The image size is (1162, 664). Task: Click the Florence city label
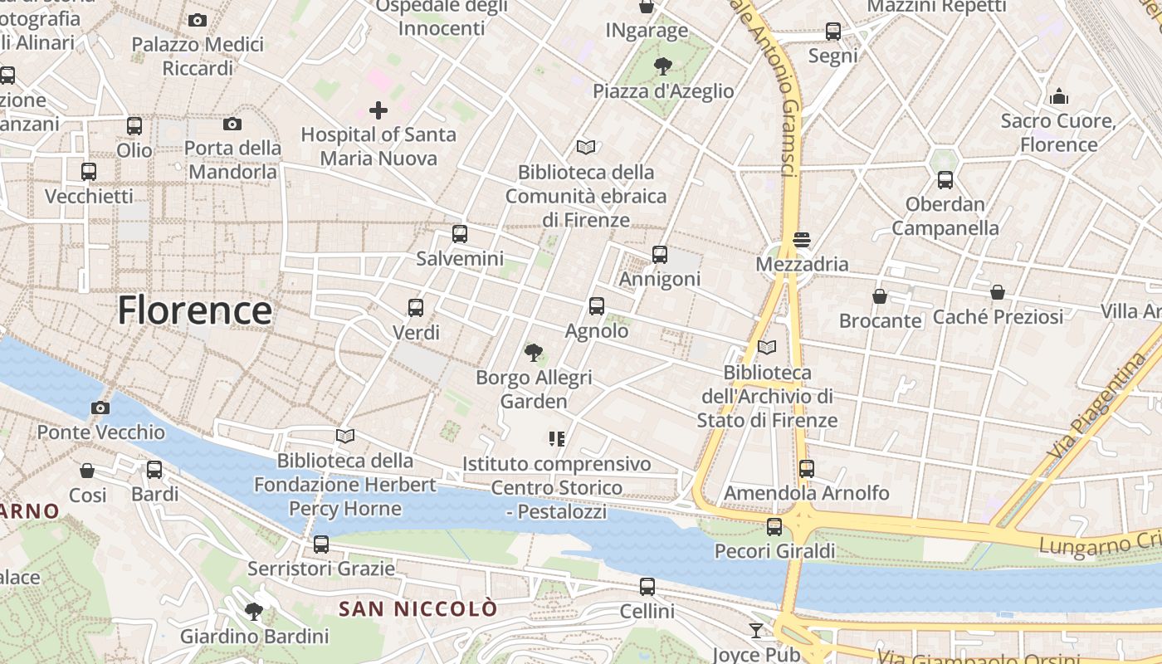point(194,310)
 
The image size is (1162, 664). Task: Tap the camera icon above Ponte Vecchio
point(100,408)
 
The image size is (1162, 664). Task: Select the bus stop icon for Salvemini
point(460,234)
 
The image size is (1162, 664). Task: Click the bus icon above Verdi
point(416,308)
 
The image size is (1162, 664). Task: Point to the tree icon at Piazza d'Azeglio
point(662,66)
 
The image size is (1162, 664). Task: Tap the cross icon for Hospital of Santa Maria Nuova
point(378,110)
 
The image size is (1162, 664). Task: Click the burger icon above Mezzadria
point(801,240)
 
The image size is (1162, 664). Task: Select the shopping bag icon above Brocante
point(880,296)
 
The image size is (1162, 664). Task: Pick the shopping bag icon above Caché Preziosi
point(998,292)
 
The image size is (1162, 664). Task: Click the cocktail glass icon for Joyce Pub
point(755,631)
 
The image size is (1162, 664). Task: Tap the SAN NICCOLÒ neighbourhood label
point(418,609)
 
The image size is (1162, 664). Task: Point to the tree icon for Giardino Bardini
point(254,613)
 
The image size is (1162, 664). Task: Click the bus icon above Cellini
point(647,587)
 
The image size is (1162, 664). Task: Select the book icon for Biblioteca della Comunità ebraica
point(586,148)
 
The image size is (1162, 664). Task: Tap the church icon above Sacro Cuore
point(1058,96)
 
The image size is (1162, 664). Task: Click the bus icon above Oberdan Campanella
point(945,179)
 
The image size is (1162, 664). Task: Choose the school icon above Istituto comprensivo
point(556,438)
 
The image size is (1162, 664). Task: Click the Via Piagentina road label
point(1096,406)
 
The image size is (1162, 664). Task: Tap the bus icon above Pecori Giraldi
point(774,526)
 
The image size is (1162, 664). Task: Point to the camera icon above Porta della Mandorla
point(232,124)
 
